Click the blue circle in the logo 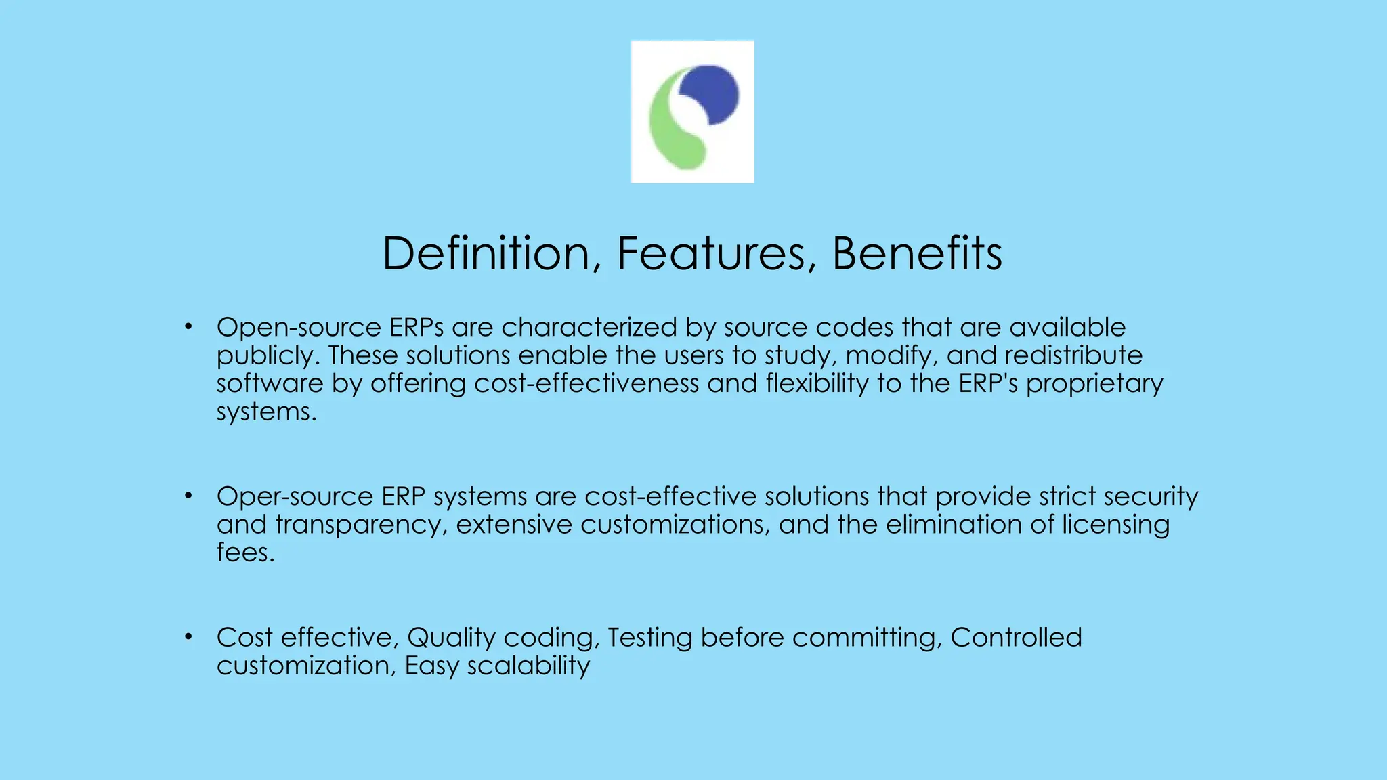[x=711, y=93]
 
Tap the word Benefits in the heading [x=917, y=254]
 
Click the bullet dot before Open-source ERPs [x=189, y=328]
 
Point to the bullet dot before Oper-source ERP [x=189, y=497]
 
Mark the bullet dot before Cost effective [x=189, y=638]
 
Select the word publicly [x=267, y=356]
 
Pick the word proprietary [x=1094, y=384]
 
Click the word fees [x=245, y=552]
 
